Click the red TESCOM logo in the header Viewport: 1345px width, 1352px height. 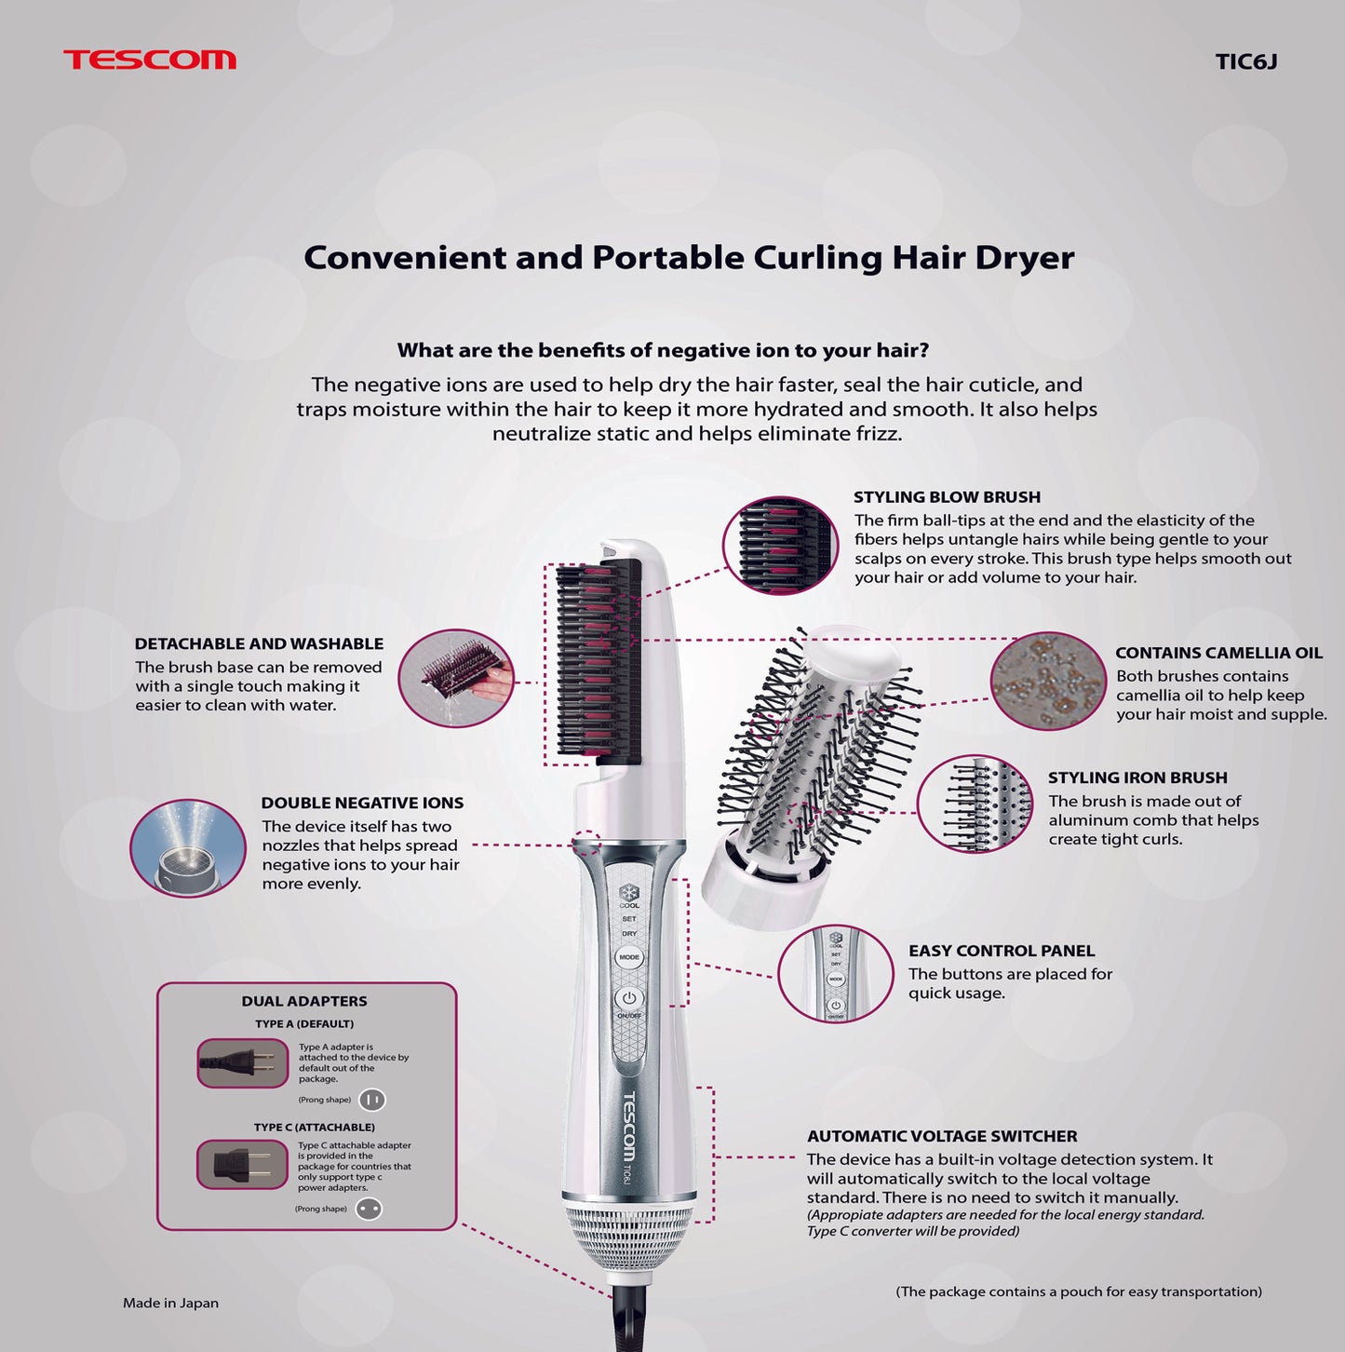[x=150, y=60]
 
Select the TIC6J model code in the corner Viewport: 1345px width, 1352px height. [x=1246, y=61]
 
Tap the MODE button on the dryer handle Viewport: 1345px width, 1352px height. [x=628, y=957]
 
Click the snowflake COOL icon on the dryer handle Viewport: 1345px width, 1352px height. [x=628, y=893]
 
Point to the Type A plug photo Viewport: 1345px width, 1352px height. [x=243, y=1063]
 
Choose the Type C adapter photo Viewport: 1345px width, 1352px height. [x=242, y=1165]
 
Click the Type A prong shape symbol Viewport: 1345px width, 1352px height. [x=372, y=1100]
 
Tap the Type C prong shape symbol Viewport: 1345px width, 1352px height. [x=369, y=1209]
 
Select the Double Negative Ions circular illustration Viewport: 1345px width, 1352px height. [x=188, y=847]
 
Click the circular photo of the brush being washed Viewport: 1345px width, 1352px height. [x=456, y=678]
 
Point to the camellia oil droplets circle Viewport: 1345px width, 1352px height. [x=1048, y=681]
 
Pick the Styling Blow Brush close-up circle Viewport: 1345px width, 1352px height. [x=781, y=545]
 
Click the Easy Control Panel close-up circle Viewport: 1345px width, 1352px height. [x=836, y=973]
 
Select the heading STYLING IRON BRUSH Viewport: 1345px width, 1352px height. [x=1137, y=777]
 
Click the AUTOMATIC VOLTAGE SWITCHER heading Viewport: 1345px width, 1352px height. [x=942, y=1136]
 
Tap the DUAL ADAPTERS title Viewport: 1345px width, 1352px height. [x=304, y=1001]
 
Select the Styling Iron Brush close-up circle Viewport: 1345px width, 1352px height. [x=975, y=804]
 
